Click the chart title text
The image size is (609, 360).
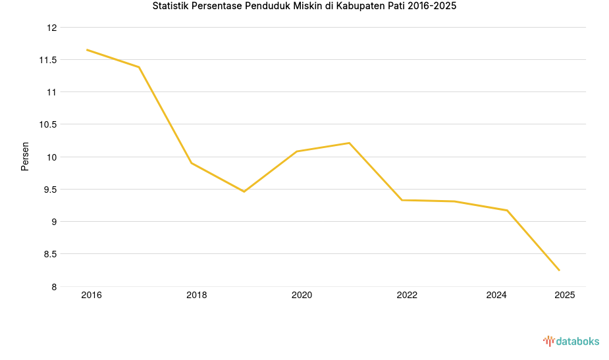coord(304,7)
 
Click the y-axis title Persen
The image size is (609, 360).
coord(25,156)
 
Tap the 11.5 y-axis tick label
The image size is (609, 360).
coord(48,60)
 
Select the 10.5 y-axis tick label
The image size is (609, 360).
coord(48,124)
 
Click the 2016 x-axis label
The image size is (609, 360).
coord(92,296)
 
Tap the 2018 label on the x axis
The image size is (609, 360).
coord(196,296)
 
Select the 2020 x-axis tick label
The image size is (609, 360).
coord(302,296)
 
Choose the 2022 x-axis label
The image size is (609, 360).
coord(407,296)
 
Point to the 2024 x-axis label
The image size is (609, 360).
coord(496,296)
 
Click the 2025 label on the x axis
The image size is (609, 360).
coord(564,296)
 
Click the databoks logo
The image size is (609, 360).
coord(571,341)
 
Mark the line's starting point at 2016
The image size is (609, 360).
coord(87,50)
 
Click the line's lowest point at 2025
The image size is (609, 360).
coord(559,270)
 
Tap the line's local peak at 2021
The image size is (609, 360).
coord(349,143)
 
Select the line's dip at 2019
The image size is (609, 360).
coord(244,192)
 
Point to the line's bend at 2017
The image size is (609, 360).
coord(139,67)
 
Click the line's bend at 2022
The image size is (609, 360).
coord(402,200)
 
